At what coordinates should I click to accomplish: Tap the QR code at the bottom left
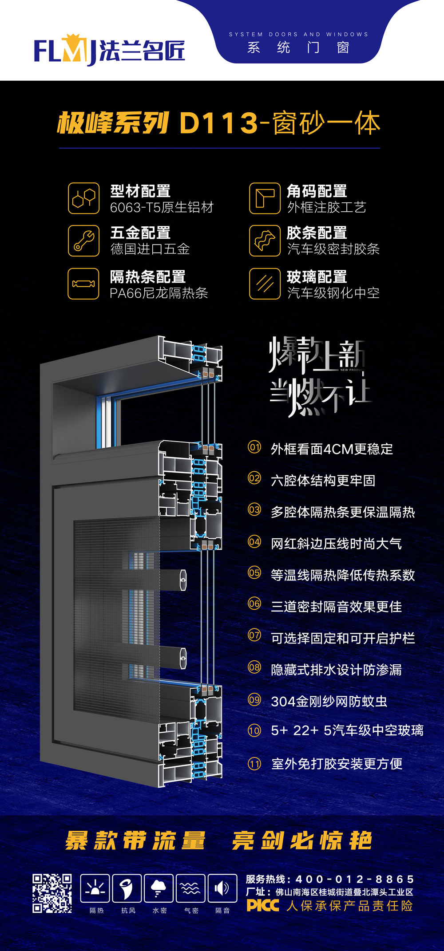pos(52,893)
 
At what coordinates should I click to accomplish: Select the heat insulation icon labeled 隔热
pos(95,888)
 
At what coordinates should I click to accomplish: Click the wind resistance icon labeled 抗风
pos(127,888)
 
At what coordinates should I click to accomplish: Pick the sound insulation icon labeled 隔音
pos(222,888)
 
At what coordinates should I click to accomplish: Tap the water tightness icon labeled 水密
pos(159,888)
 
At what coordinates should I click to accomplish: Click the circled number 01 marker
pos(254,447)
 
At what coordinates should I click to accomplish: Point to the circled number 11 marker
pos(254,764)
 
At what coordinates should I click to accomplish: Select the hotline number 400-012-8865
pos(355,879)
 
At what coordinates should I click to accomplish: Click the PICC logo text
pos(263,906)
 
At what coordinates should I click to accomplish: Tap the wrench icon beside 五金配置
pos(83,241)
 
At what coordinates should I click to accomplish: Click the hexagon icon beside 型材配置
pos(83,198)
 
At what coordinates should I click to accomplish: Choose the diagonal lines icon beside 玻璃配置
pos(265,284)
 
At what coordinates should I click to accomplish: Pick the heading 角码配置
pos(317,191)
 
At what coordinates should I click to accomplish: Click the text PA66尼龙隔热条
pos(159,293)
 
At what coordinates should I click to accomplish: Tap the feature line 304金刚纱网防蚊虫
pos(329,701)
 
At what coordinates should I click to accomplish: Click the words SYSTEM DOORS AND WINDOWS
pos(298,34)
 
